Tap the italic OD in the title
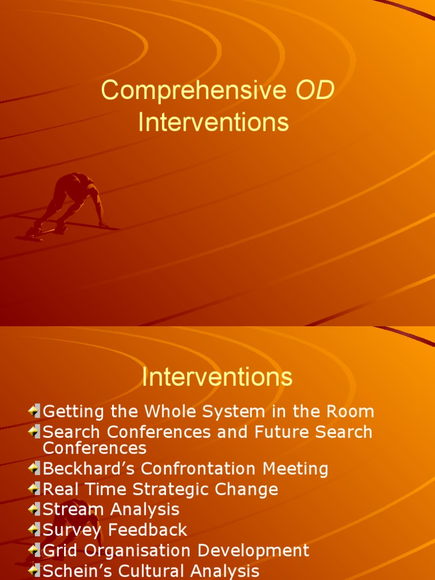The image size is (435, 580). click(315, 91)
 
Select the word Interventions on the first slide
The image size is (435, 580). click(214, 122)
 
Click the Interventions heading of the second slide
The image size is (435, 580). click(217, 377)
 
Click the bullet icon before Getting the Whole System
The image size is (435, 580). click(34, 411)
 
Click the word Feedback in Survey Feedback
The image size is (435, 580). click(148, 530)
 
